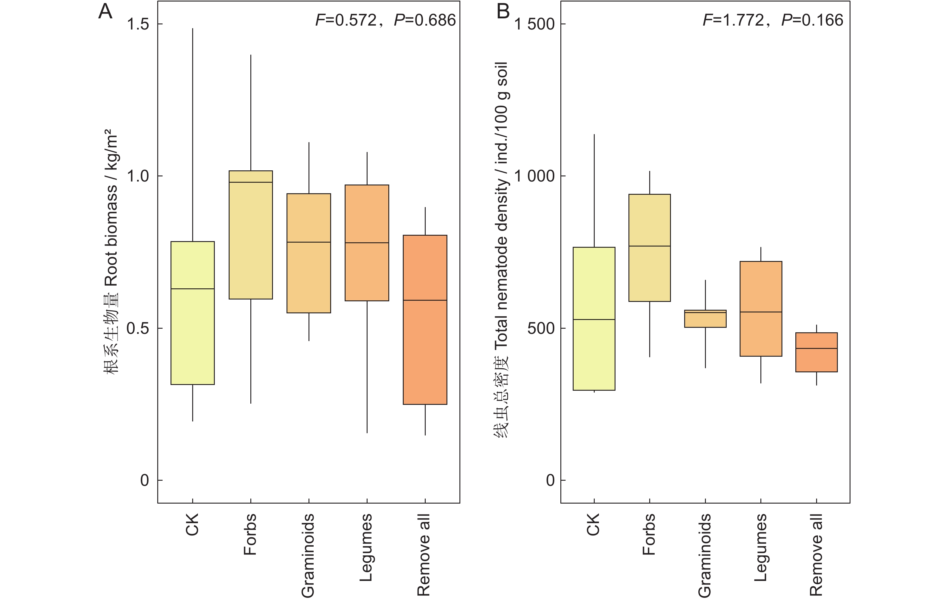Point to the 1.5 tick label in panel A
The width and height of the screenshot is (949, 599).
pos(138,24)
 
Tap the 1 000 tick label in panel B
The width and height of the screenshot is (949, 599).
pos(535,176)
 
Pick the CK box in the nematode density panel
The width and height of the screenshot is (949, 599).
pos(594,319)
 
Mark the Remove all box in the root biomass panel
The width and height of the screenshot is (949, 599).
pos(425,319)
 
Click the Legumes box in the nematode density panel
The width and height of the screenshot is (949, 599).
pos(761,309)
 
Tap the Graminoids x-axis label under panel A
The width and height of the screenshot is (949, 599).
pos(308,555)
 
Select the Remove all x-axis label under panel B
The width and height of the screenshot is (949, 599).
pos(816,554)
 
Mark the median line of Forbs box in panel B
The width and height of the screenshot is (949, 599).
pos(650,246)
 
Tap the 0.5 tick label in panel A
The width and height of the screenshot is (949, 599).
pos(138,328)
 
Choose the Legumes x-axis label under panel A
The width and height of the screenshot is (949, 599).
pos(366,548)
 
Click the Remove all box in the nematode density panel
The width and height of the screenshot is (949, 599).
pos(816,352)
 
